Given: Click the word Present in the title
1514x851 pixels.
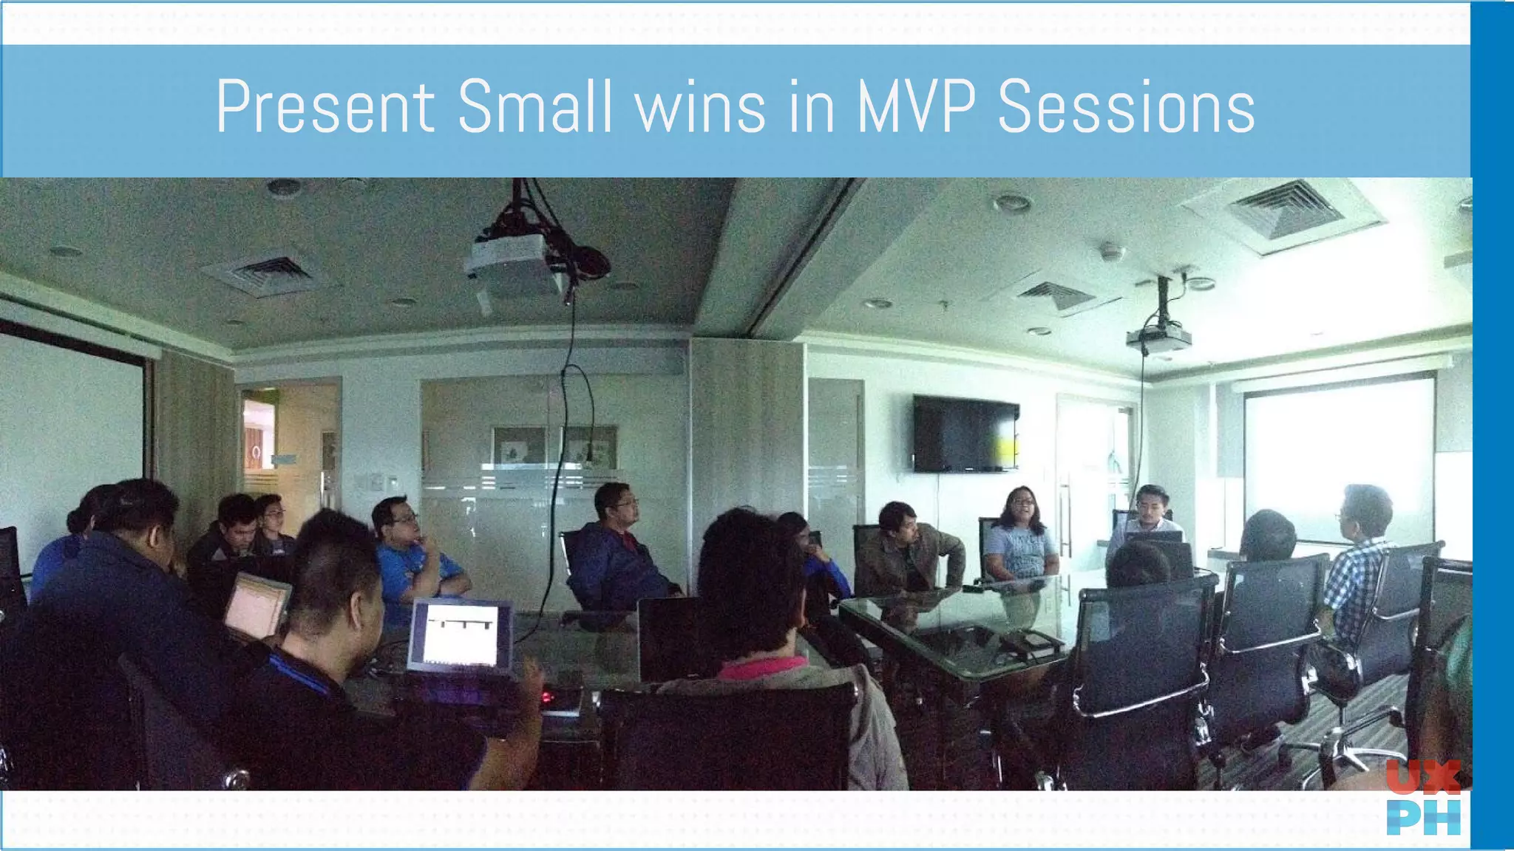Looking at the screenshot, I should [x=325, y=107].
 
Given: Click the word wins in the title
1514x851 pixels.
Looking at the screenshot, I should [x=700, y=107].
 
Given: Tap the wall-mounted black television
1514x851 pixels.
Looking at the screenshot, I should [x=965, y=433].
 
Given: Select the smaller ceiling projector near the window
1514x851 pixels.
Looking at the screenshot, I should [x=1158, y=338].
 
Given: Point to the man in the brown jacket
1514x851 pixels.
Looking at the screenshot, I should [x=909, y=550].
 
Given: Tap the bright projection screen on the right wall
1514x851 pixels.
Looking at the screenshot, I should [x=1338, y=451].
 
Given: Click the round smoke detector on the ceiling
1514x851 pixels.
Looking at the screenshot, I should [x=1111, y=252].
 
